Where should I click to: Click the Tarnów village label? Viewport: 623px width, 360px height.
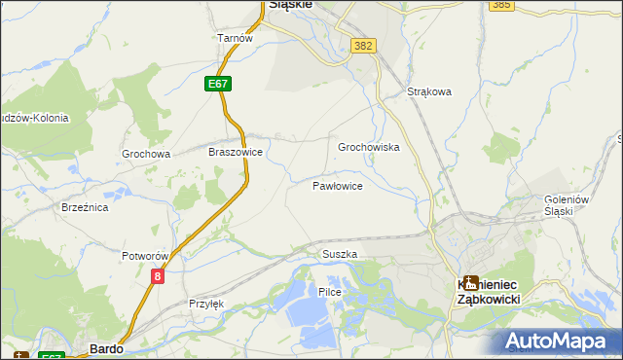click(x=235, y=38)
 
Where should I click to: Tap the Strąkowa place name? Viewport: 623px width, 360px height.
click(x=430, y=93)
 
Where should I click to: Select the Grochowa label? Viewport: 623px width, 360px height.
click(x=146, y=154)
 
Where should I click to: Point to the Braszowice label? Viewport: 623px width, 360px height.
click(x=236, y=153)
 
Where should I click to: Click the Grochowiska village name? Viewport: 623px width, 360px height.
click(x=369, y=147)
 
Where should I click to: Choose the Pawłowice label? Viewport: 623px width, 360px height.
click(x=338, y=185)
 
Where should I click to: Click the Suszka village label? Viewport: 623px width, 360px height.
click(x=340, y=254)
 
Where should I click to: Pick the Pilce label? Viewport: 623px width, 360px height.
click(x=330, y=292)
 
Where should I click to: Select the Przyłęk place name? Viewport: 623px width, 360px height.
click(x=205, y=304)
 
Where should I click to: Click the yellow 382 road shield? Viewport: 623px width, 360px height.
click(x=364, y=46)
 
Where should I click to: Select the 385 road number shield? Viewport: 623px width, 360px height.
click(x=502, y=5)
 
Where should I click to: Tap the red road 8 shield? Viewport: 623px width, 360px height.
click(x=158, y=276)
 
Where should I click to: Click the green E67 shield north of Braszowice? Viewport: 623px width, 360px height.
click(x=218, y=85)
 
